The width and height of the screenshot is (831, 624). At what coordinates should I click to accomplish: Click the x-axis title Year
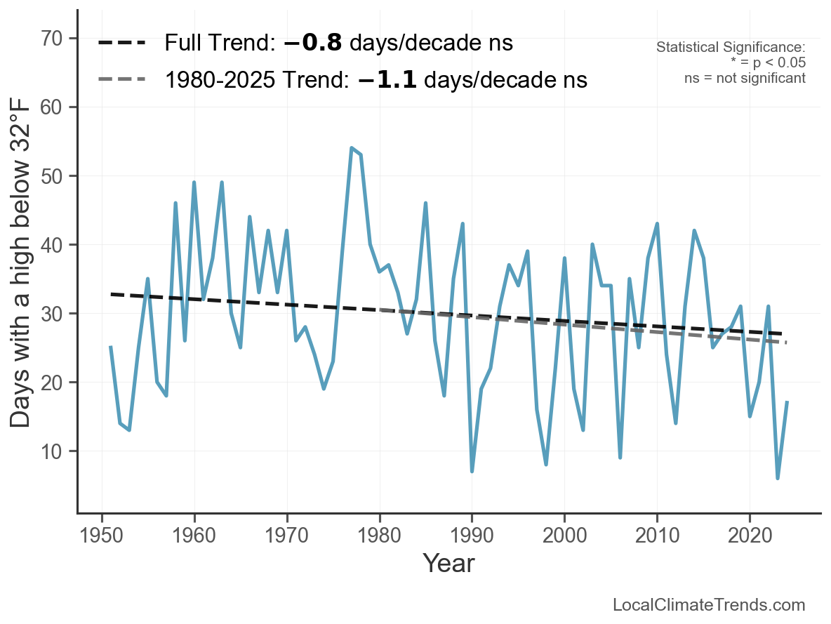tap(448, 563)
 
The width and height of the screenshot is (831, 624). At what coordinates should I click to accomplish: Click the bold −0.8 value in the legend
tap(313, 44)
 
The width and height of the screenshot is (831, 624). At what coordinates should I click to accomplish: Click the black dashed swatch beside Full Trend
tap(121, 44)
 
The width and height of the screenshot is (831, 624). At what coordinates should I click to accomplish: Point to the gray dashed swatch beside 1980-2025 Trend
tap(121, 80)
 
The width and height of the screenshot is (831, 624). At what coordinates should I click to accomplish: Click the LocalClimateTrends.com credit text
tap(709, 605)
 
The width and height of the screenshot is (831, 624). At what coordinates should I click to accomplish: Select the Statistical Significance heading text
tap(731, 48)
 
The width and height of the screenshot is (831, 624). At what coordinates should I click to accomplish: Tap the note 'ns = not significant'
tap(745, 78)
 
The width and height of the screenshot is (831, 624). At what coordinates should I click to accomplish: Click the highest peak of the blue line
tap(351, 148)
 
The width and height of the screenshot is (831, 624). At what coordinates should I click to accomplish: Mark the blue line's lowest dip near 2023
tap(778, 478)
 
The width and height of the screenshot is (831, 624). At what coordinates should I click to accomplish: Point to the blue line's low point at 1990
tap(472, 471)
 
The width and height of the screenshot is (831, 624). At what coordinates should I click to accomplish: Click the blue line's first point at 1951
tap(111, 347)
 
